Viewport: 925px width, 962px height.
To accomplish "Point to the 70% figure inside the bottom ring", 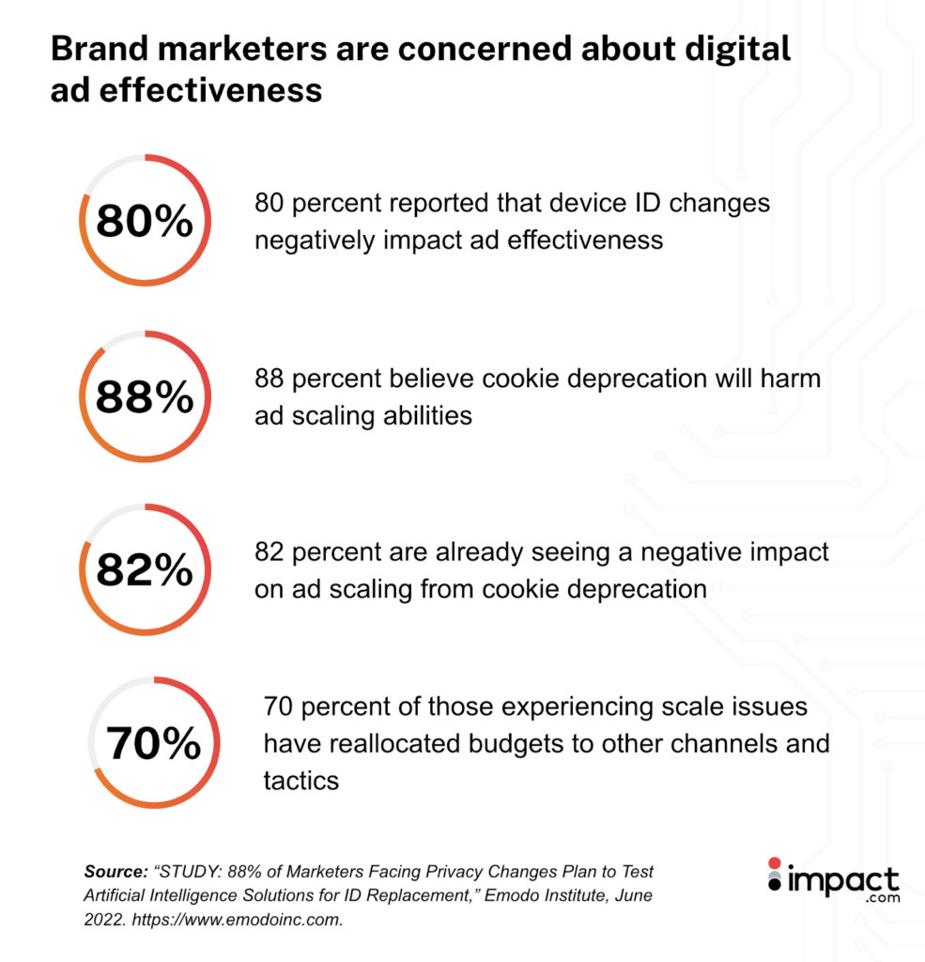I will tap(153, 744).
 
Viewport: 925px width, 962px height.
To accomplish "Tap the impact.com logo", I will tap(832, 881).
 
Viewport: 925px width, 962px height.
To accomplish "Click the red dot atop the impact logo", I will tap(774, 862).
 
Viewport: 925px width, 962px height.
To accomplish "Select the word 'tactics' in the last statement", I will tap(301, 781).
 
